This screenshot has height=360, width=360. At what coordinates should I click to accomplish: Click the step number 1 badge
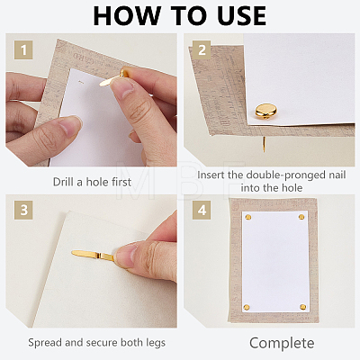point(23,50)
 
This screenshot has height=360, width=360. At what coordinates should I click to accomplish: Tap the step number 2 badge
point(202,50)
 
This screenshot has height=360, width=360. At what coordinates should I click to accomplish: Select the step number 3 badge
point(23,211)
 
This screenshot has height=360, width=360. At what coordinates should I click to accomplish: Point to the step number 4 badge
point(202,211)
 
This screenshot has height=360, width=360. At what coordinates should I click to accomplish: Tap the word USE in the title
point(242,16)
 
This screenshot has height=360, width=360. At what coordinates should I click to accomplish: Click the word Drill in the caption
point(64,182)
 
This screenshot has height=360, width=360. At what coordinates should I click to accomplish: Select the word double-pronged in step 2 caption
point(281,175)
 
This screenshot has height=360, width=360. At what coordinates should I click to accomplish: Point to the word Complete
point(282,343)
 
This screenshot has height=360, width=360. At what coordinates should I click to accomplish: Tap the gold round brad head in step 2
point(266,111)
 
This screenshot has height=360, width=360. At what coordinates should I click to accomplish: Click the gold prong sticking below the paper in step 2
point(265,144)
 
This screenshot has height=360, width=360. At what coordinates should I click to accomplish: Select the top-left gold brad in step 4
point(248,217)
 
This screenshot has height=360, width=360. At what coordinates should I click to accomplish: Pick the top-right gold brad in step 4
point(301,217)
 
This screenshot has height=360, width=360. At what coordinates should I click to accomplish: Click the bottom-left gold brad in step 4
point(247,307)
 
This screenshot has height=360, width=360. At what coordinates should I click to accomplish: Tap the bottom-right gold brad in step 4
point(303,307)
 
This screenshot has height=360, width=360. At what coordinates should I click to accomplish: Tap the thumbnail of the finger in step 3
point(125,255)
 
